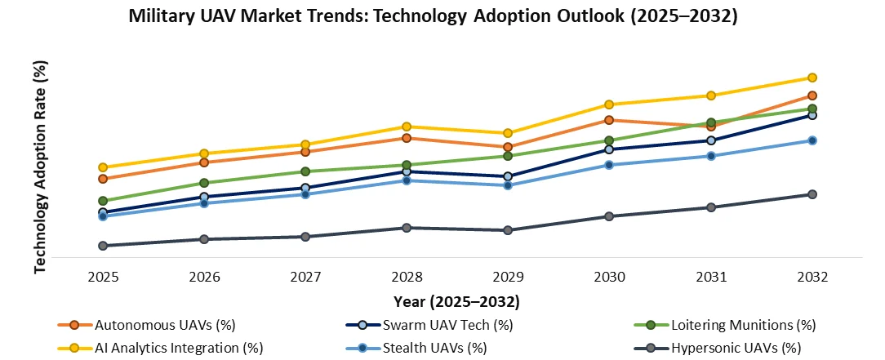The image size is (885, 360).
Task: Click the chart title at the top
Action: click(434, 17)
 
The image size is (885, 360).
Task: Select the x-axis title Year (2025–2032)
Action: click(456, 301)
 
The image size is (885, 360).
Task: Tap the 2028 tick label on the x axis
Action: click(407, 277)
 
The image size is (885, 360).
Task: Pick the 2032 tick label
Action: click(812, 277)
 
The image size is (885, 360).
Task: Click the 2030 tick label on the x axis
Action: click(609, 277)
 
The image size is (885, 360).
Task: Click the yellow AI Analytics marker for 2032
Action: click(812, 78)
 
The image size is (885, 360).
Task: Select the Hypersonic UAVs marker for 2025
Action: click(103, 246)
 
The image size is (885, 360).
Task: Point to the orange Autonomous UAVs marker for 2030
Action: click(609, 120)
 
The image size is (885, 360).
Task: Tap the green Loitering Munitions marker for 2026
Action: click(204, 183)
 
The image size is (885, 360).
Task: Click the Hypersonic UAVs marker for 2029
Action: click(508, 230)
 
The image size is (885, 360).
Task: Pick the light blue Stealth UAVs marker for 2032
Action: click(812, 140)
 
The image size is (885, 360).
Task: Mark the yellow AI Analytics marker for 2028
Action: click(407, 127)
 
